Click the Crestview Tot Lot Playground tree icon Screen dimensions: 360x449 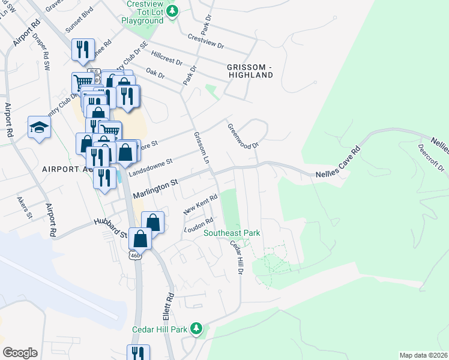tap(173, 11)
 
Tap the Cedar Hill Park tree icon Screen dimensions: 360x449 tap(196, 328)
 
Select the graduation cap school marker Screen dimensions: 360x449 tap(39, 127)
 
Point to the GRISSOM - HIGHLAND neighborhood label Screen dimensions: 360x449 tap(250, 70)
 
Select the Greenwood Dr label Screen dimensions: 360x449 tap(243, 137)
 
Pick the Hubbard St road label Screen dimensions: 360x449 tap(111, 221)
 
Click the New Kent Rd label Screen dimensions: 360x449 tap(199, 208)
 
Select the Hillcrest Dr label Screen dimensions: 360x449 tap(167, 57)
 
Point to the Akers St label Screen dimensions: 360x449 tap(25, 208)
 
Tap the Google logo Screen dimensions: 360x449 tap(20, 353)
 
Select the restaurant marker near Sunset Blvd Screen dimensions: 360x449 tap(82, 50)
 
